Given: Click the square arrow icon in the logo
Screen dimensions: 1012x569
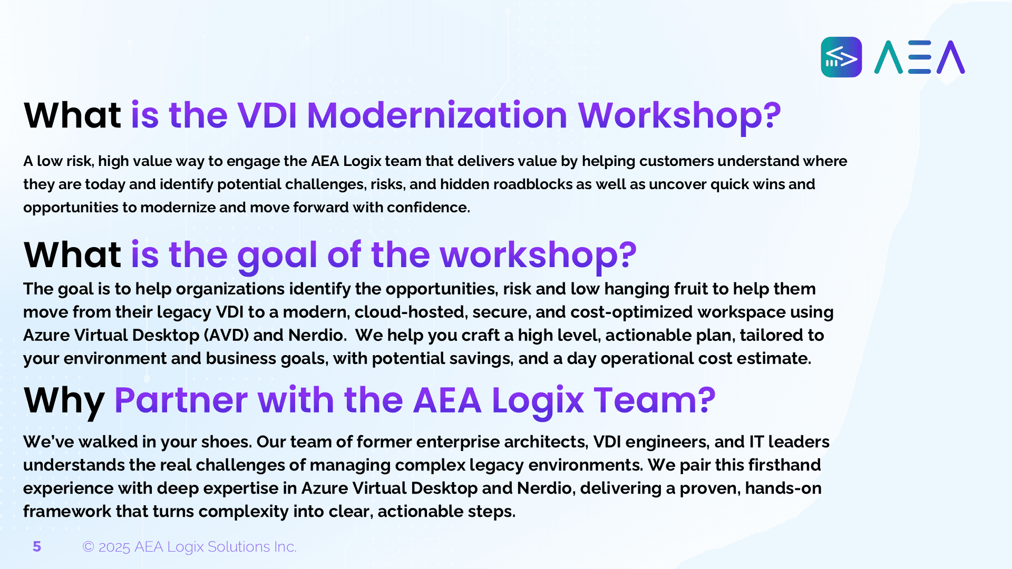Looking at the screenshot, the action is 841,57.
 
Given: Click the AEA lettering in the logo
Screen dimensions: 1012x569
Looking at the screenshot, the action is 920,57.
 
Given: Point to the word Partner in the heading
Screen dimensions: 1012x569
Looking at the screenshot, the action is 181,400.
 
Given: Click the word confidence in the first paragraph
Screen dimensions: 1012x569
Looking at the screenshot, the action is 428,208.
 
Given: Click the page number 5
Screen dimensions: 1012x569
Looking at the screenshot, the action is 37,547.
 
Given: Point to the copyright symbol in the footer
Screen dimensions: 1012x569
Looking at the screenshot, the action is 88,547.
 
